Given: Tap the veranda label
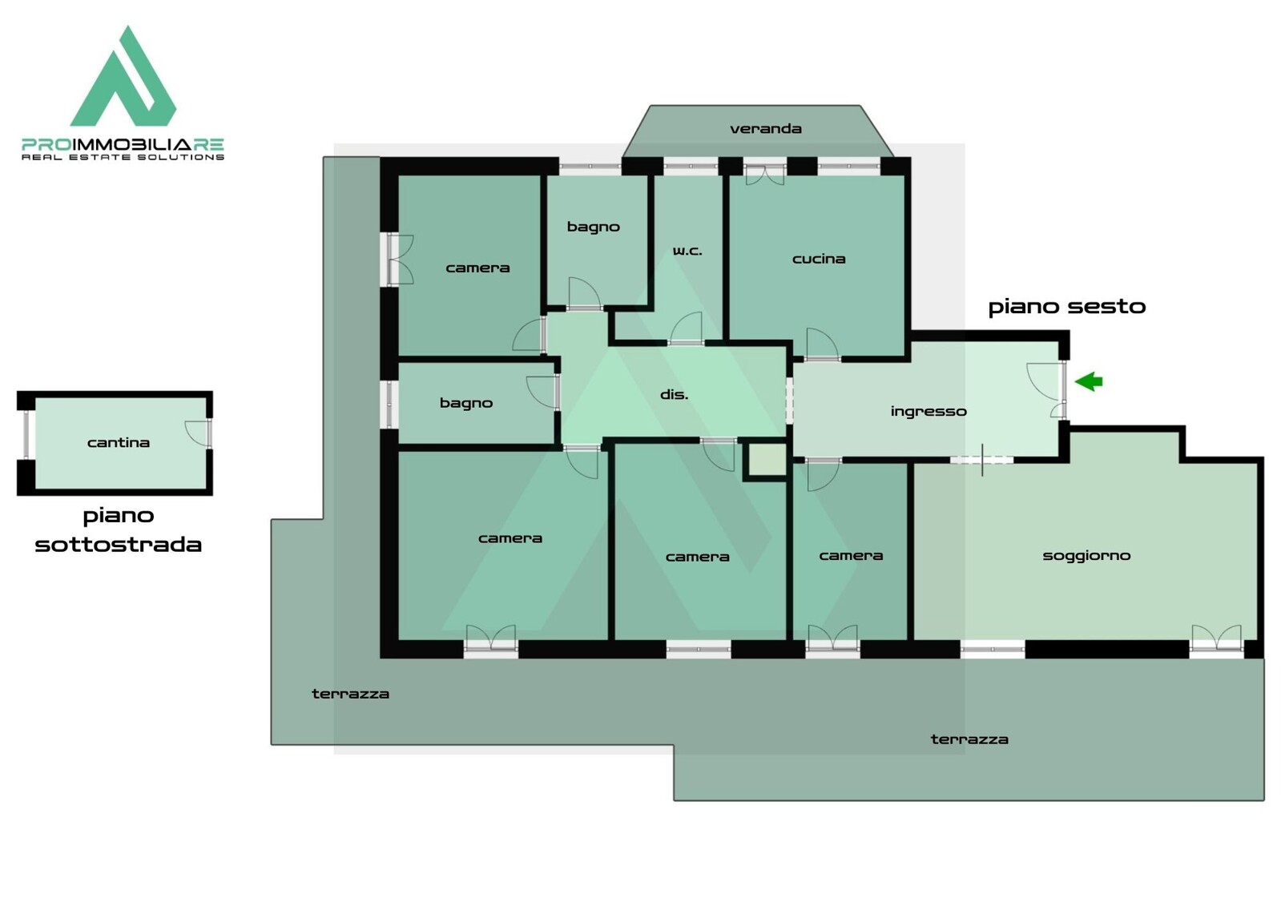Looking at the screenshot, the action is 765,129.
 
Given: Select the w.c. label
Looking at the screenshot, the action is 687,251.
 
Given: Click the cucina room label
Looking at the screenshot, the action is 819,259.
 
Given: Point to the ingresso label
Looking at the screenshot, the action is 929,412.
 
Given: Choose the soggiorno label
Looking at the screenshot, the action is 1086,556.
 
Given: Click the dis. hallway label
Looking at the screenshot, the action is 674,395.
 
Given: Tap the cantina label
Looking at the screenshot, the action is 119,443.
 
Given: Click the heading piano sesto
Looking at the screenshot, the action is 1066,307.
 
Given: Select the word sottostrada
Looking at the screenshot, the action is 119,545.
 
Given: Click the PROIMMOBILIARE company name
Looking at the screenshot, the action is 123,145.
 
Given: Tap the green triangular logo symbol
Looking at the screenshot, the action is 123,76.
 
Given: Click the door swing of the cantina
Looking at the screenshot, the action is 196,433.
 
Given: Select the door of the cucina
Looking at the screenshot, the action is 823,344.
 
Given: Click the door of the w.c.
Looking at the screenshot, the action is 687,328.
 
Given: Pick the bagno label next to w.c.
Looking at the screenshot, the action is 593,228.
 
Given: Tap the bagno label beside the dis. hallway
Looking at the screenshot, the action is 466,404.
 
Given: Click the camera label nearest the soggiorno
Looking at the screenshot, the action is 851,556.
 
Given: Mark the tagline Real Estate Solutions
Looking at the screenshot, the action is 123,157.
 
